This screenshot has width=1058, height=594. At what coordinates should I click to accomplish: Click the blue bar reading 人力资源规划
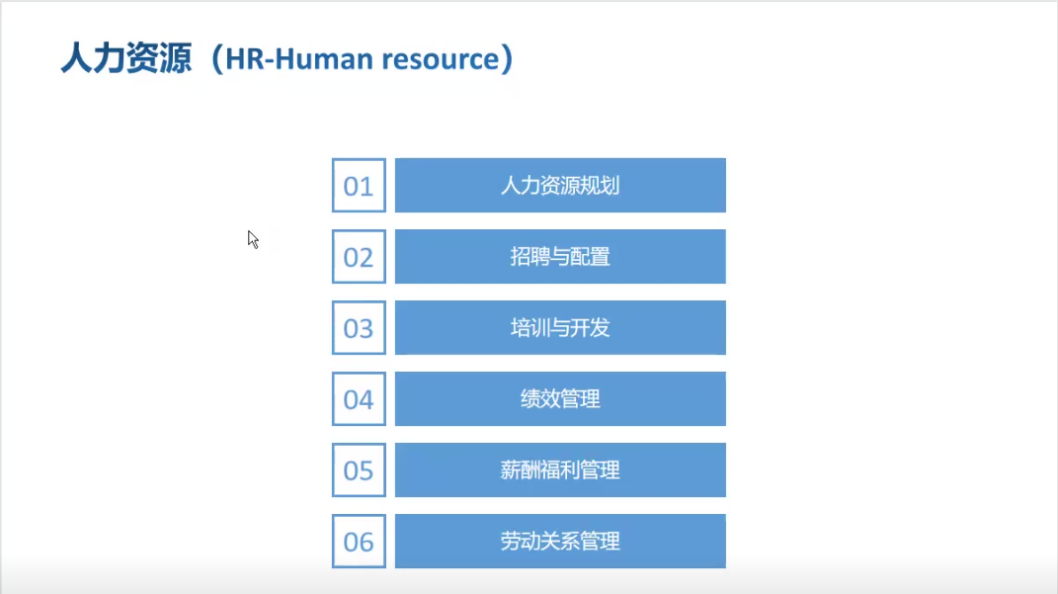pyautogui.click(x=561, y=186)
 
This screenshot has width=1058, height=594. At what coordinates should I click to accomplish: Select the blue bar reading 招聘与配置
pyautogui.click(x=561, y=257)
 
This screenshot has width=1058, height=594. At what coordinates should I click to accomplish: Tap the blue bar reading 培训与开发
pyautogui.click(x=561, y=328)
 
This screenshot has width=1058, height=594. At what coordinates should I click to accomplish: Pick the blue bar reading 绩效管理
pyautogui.click(x=561, y=399)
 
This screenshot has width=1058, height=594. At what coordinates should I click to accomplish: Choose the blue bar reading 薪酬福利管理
pyautogui.click(x=561, y=470)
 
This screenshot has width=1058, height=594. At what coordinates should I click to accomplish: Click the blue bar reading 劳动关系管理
pyautogui.click(x=561, y=542)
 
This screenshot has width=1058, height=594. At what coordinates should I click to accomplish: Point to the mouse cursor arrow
pyautogui.click(x=253, y=239)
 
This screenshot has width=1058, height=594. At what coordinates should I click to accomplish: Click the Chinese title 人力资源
pyautogui.click(x=126, y=58)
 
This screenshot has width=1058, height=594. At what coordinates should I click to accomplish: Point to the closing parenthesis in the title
pyautogui.click(x=507, y=58)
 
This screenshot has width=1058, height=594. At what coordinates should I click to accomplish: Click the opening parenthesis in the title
pyautogui.click(x=217, y=58)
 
